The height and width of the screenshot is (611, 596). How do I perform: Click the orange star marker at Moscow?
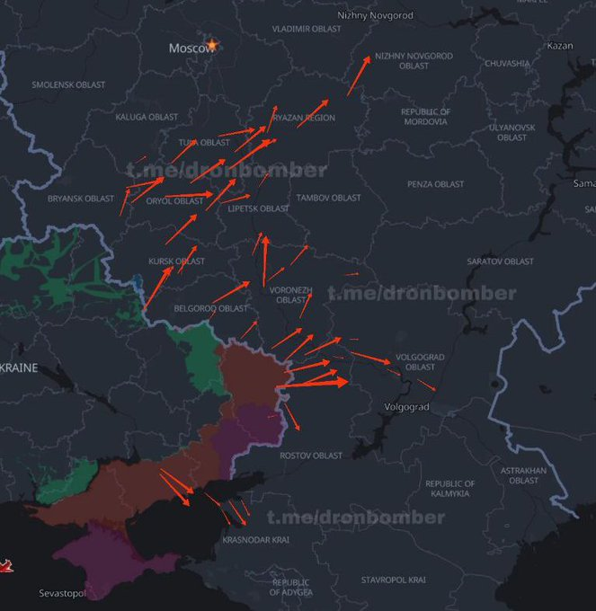pos(213,44)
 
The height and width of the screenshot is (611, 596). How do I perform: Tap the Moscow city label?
pos(189,48)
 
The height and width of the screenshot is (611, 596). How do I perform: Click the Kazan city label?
pos(559,46)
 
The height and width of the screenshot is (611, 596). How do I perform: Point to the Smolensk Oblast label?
pos(68,85)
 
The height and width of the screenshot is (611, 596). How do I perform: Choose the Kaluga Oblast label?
pos(147,117)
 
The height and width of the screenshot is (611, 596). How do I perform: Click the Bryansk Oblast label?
pos(81,199)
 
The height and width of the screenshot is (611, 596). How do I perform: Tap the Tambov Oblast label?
pos(328,198)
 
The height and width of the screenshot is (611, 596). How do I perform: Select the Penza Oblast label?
pos(435,184)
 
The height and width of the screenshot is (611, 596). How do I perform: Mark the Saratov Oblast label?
pos(500,261)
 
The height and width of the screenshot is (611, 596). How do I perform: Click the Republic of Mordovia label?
pos(425,117)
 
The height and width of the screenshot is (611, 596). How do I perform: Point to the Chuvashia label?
pos(507,64)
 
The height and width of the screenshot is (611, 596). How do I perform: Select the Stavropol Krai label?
pos(392,580)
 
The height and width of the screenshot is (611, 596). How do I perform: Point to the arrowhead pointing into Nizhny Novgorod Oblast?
pos(368,59)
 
